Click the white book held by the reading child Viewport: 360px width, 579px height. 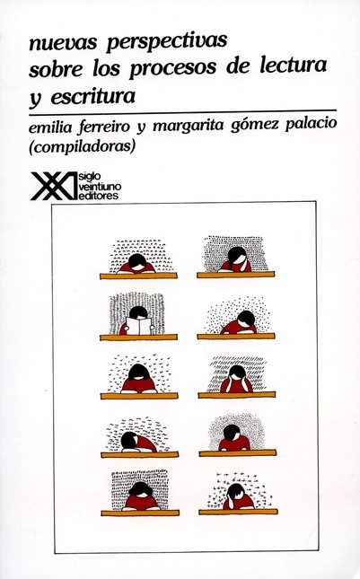click(139, 326)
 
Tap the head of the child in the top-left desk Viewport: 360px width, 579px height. click(136, 261)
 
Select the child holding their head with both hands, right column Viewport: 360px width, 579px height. click(236, 377)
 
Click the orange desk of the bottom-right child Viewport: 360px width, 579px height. click(236, 513)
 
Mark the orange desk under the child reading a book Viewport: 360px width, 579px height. click(138, 338)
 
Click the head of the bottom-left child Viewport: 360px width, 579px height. click(138, 491)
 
